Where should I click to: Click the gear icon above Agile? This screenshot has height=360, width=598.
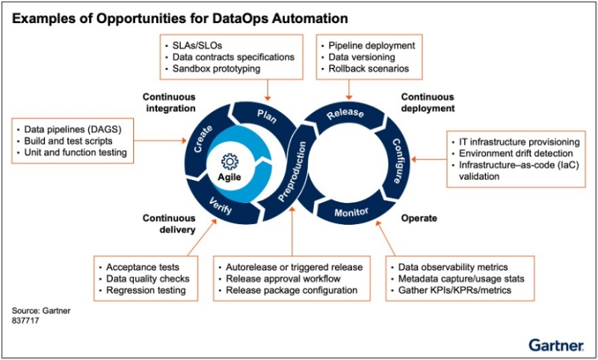(x=230, y=161)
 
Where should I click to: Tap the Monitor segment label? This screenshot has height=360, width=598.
(x=353, y=213)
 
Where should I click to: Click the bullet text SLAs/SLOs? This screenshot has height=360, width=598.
(x=193, y=45)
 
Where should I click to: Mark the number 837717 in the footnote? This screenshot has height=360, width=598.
(x=25, y=319)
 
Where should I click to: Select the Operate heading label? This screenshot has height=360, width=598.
(x=419, y=219)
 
